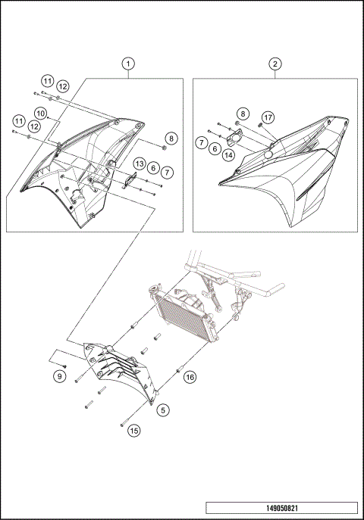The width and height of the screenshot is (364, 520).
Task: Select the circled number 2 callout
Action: [275, 64]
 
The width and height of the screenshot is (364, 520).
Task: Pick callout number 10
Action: [41, 114]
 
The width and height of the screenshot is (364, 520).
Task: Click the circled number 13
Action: [140, 164]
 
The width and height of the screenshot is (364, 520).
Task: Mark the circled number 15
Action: [133, 431]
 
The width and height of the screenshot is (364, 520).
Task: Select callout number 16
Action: [190, 376]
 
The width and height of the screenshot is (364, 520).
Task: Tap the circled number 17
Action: [268, 117]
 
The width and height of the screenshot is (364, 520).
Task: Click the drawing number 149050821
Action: [281, 509]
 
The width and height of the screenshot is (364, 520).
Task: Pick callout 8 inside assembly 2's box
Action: [242, 113]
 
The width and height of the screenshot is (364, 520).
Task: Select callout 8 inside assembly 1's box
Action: [171, 139]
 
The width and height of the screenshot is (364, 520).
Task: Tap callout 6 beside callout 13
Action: [153, 168]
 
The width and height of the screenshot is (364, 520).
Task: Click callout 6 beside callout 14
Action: [216, 150]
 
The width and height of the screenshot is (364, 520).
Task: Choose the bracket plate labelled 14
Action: [235, 140]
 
